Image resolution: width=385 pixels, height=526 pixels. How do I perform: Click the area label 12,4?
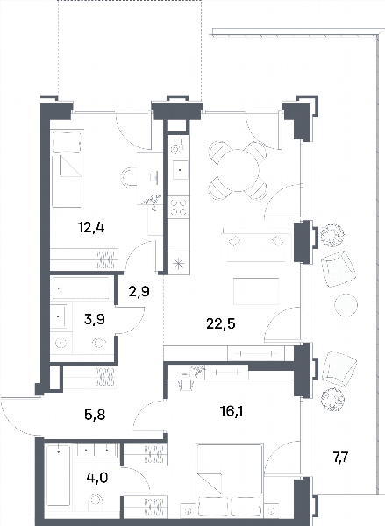pyautogui.click(x=91, y=229)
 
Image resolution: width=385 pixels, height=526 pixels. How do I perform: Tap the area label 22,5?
pyautogui.click(x=221, y=324)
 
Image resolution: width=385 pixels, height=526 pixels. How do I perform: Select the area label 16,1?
pyautogui.click(x=232, y=410)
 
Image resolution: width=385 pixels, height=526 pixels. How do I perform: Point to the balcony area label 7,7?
pyautogui.click(x=340, y=457)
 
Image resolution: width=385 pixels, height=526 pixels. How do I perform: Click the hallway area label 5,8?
pyautogui.click(x=95, y=415)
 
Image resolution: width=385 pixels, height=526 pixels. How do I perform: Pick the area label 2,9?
pyautogui.click(x=139, y=292)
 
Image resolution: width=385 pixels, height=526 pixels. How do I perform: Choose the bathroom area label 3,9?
pyautogui.click(x=95, y=319)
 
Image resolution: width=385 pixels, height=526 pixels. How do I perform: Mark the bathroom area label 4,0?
pyautogui.click(x=97, y=477)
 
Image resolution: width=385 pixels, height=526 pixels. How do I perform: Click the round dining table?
pyautogui.click(x=238, y=170)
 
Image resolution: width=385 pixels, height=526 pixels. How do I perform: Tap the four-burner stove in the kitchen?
pyautogui.click(x=178, y=207)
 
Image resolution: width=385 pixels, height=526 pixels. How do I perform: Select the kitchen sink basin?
pyautogui.click(x=181, y=170)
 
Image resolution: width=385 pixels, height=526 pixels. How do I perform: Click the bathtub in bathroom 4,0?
pyautogui.click(x=59, y=475)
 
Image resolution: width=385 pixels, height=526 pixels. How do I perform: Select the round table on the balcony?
pyautogui.click(x=346, y=305)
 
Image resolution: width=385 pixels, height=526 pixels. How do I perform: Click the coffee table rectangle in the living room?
pyautogui.click(x=256, y=291)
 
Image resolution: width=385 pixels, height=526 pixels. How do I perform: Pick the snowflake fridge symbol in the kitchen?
pyautogui.click(x=178, y=263)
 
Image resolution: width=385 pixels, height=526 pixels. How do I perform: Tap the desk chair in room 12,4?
pyautogui.click(x=127, y=177)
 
